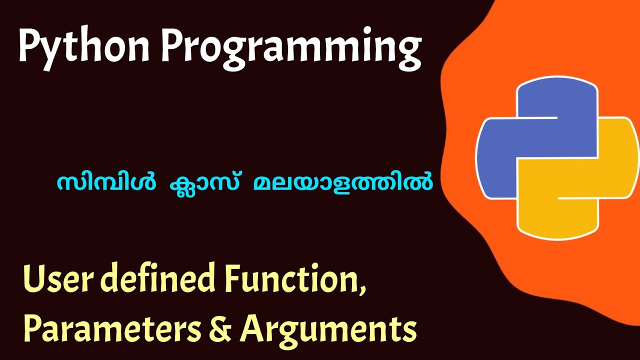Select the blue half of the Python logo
point(530,135)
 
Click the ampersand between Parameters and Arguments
point(219,329)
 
